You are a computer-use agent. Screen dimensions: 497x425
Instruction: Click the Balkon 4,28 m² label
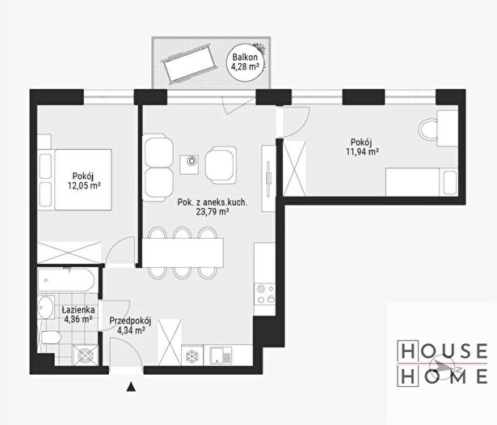[x=245, y=62]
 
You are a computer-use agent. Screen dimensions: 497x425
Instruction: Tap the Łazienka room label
[x=78, y=309]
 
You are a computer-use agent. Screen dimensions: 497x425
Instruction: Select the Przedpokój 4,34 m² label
[x=130, y=325]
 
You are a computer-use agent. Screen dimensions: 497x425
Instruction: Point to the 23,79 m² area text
[x=213, y=212]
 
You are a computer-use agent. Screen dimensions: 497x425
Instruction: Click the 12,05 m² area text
[x=84, y=185]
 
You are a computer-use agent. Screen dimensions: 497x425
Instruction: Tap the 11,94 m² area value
[x=362, y=151]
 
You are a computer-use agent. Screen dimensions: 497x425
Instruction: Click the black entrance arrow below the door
[x=131, y=387]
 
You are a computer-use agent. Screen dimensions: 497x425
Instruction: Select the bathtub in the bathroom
[x=66, y=280]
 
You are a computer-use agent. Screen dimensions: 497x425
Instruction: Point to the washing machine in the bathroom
[x=85, y=355]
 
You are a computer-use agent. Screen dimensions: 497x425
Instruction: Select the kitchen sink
[x=221, y=355]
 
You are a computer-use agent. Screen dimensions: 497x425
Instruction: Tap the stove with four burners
[x=265, y=294]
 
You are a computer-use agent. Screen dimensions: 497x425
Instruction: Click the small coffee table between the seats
[x=189, y=164]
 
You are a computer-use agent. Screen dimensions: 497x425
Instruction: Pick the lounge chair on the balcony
[x=189, y=64]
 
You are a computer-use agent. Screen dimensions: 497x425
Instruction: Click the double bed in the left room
[x=75, y=180]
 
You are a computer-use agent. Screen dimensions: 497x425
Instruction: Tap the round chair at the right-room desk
[x=428, y=129]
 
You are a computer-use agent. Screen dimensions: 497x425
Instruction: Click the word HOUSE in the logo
[x=443, y=351]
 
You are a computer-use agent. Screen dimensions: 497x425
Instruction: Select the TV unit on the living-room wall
[x=268, y=179]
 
